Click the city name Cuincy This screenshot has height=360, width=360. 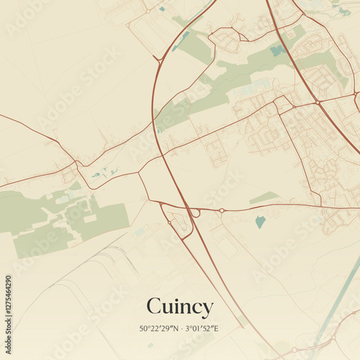pyautogui.click(x=180, y=307)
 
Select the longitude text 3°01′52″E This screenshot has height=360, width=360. pyautogui.click(x=202, y=329)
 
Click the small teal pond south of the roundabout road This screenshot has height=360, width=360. pyautogui.click(x=260, y=222)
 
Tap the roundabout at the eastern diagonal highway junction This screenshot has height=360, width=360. pyautogui.click(x=318, y=103)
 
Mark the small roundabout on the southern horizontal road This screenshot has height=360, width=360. pyautogui.click(x=222, y=210)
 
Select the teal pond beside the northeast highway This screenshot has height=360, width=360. pyautogui.click(x=276, y=50)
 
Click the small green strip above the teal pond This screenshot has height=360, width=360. pyautogui.click(x=264, y=197)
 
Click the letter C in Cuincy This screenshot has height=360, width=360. pyautogui.click(x=154, y=307)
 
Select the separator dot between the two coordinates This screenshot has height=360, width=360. pyautogui.click(x=181, y=329)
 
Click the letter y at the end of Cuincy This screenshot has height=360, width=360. pyautogui.click(x=207, y=310)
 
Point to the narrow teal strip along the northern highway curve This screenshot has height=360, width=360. pyautogui.click(x=182, y=40)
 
